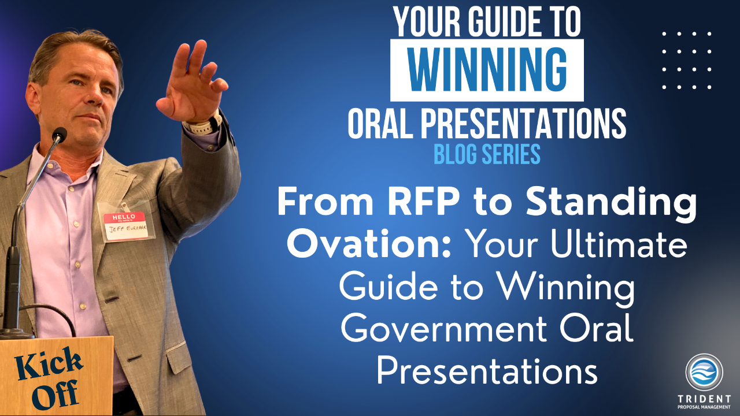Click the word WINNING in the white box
(487, 70)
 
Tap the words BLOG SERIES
(487, 154)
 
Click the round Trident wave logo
(704, 372)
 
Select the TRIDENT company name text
(704, 399)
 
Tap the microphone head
(60, 135)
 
